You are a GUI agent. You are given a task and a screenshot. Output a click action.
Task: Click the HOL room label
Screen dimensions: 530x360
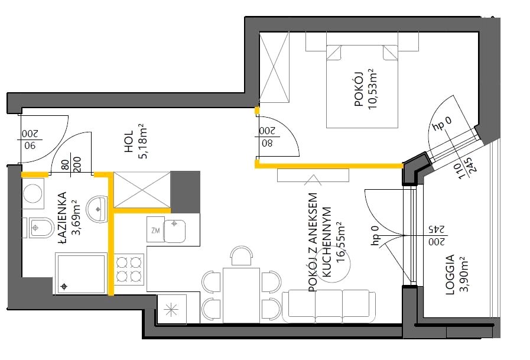129,141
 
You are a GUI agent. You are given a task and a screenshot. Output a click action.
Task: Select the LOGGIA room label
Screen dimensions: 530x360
450,274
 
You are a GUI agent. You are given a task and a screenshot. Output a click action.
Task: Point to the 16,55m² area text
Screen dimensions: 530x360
340,242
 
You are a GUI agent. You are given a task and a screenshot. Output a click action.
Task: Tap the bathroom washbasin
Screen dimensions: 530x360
97,209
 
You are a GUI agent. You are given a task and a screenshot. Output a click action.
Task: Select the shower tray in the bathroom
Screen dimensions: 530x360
81,274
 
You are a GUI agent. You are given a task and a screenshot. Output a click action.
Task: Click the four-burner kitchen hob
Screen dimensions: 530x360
129,270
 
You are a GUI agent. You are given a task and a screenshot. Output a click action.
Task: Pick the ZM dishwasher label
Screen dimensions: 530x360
155,231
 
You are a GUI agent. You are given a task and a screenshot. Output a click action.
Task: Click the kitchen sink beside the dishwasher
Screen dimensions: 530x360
174,231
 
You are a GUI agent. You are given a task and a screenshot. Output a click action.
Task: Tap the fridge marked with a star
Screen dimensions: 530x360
172,309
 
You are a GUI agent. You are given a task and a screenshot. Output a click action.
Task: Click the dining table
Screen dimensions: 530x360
241,295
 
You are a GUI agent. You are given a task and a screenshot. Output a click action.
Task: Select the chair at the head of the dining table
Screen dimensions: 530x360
241,256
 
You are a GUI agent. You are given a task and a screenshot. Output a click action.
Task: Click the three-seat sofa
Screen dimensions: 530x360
329,306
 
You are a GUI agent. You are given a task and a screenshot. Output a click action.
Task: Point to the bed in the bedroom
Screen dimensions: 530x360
362,86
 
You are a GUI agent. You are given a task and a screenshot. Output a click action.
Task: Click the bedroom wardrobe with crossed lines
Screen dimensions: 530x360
274,67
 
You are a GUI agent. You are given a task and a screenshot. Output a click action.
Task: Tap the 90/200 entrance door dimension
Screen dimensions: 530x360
30,140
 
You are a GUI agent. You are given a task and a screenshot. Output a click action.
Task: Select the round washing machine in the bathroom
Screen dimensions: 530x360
33,193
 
